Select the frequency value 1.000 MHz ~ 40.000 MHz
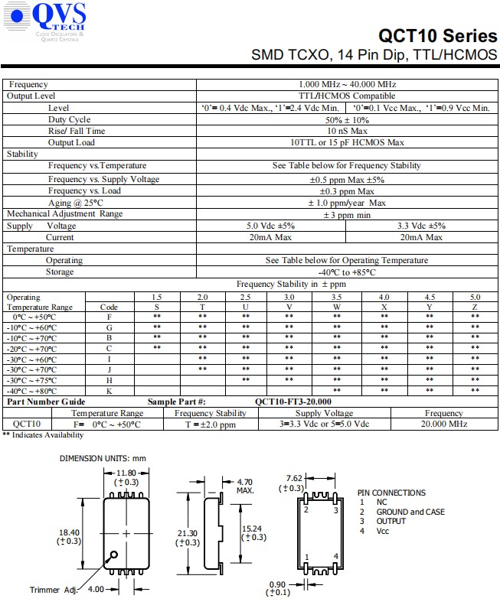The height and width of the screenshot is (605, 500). point(347,84)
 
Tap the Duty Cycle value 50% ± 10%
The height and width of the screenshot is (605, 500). point(347,119)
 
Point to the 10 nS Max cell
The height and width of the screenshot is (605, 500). point(347,131)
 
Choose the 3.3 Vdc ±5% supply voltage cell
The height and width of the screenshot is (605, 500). point(422,226)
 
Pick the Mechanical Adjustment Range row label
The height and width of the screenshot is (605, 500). point(65,214)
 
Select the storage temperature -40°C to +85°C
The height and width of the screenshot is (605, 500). point(347,272)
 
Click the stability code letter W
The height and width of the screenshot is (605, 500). point(337,307)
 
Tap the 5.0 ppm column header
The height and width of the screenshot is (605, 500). point(475,297)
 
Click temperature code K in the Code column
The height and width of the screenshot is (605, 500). point(109,391)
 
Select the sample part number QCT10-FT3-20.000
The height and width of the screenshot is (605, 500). point(293,402)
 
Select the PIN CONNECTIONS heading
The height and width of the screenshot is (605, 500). point(391,493)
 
